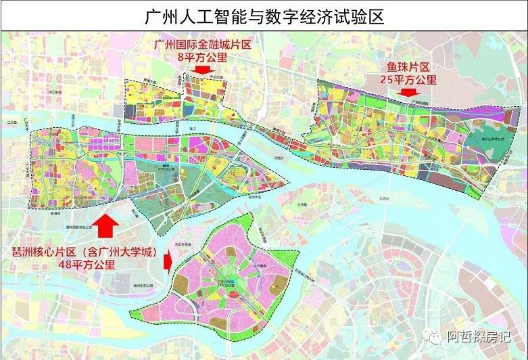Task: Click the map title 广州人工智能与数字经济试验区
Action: pyautogui.click(x=264, y=16)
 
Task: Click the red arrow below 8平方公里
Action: pyautogui.click(x=200, y=70)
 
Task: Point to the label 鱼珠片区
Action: pyautogui.click(x=408, y=67)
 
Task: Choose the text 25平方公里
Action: pyautogui.click(x=408, y=80)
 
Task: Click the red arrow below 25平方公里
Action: pyautogui.click(x=408, y=92)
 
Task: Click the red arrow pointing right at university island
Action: pyautogui.click(x=169, y=261)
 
